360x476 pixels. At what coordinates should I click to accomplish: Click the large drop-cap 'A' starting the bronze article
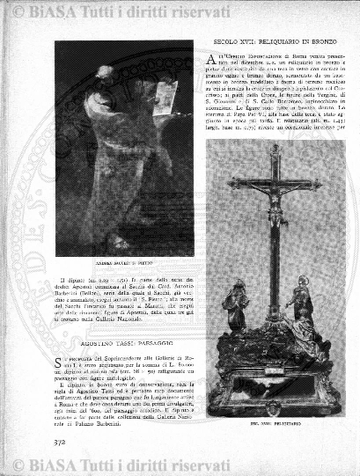pyautogui.click(x=211, y=62)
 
